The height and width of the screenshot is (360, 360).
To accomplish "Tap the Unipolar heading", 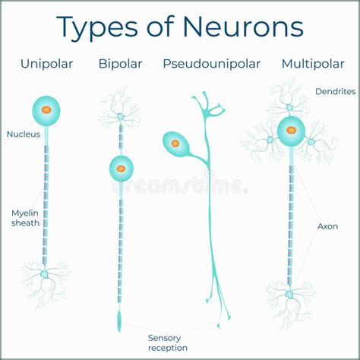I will pyautogui.click(x=47, y=64).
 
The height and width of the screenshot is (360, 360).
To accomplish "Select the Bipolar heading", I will pyautogui.click(x=120, y=64).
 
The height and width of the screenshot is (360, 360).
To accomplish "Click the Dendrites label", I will pyautogui.click(x=334, y=91).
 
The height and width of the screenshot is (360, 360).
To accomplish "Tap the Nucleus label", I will pyautogui.click(x=24, y=134).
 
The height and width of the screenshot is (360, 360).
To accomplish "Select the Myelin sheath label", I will pyautogui.click(x=24, y=218).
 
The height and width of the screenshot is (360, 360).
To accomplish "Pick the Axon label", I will pyautogui.click(x=327, y=226).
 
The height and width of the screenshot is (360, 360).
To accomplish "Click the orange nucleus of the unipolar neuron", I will pyautogui.click(x=46, y=110).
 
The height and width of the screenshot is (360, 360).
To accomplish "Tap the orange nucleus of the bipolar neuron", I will pyautogui.click(x=120, y=166).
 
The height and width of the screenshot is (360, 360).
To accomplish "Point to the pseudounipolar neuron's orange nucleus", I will pyautogui.click(x=175, y=143).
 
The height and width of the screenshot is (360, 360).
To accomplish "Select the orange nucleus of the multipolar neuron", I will pyautogui.click(x=290, y=131).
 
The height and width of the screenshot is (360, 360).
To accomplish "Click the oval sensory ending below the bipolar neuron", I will pyautogui.click(x=120, y=320).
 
